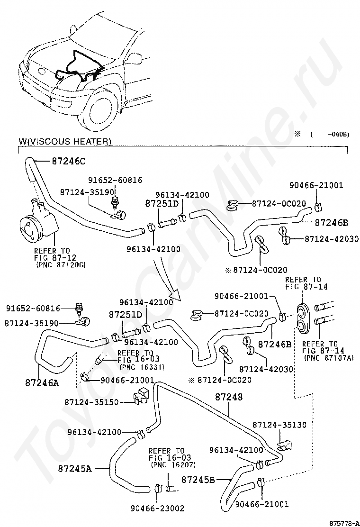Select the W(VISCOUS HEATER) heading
65,141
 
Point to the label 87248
228,396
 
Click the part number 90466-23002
158,509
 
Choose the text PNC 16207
167,465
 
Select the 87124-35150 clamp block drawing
141,398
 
